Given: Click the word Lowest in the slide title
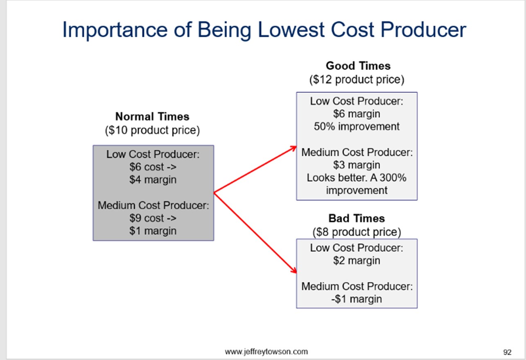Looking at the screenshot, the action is tap(291, 29).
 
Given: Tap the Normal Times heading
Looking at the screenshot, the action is tap(152, 117).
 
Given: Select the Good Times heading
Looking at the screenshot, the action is tap(358, 66).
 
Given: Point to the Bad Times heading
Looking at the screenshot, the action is tap(357, 218).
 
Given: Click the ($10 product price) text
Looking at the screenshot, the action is tap(152, 130).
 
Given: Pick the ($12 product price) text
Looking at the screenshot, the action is tap(357, 79).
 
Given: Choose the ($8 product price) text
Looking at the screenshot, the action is tap(357, 232).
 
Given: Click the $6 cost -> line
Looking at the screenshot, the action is tap(153, 167).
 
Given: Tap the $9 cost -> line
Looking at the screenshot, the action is tap(153, 218).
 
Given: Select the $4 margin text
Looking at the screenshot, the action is tap(153, 180).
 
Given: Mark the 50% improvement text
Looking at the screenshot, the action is tap(357, 126).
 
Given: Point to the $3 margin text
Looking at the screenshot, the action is tap(357, 165).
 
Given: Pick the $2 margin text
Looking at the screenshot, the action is tap(357, 261).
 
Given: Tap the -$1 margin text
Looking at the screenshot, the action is tap(357, 299).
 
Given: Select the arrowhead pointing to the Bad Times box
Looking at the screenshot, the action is tap(294, 270).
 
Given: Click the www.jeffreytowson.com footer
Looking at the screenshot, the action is tap(266, 351).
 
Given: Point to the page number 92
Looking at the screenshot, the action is tap(507, 352).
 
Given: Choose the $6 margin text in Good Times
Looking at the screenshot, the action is tap(357, 114).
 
